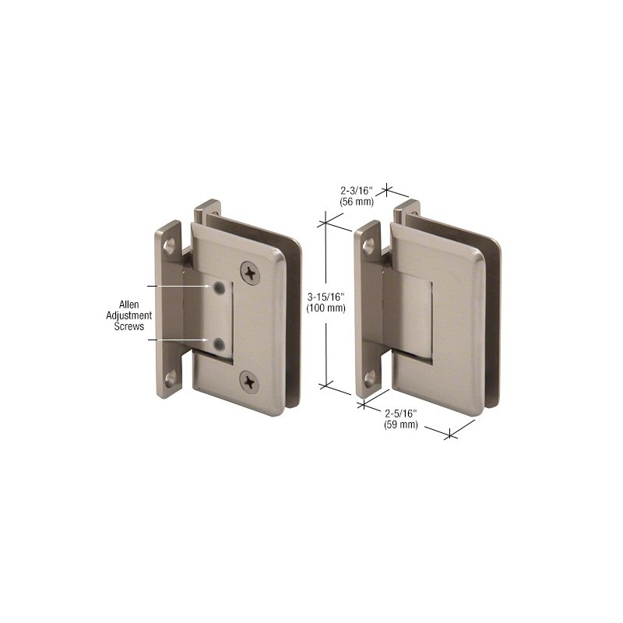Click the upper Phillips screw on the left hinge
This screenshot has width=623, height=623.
point(250,273)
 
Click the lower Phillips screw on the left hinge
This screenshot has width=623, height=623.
point(249,382)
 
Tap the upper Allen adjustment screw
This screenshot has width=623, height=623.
point(219,288)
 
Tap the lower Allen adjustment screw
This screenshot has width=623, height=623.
point(218,344)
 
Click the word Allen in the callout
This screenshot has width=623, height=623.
point(129,304)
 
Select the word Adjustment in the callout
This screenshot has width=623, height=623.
point(128,315)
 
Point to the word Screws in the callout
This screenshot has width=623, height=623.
point(129,326)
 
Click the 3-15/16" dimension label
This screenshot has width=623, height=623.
point(326,297)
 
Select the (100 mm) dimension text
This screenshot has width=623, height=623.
point(326,308)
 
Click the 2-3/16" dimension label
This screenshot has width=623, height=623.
point(357,191)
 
